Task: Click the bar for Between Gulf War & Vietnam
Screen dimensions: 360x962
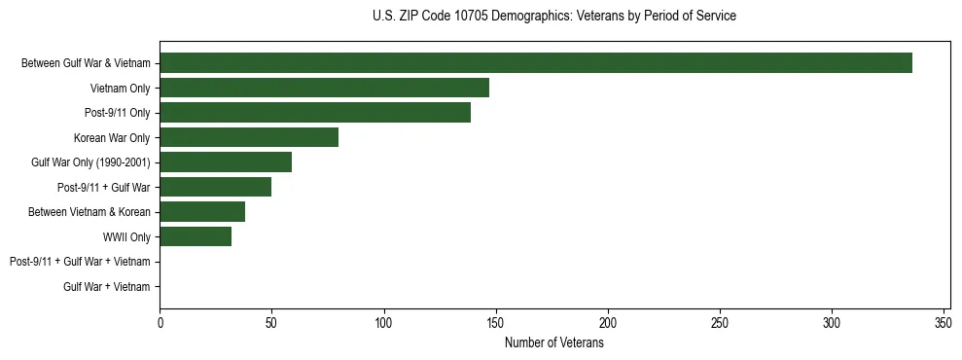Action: (535, 63)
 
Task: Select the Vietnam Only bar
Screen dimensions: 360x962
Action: (324, 88)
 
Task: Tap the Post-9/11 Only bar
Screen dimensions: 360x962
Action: (315, 113)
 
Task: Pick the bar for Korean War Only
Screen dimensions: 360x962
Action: (249, 137)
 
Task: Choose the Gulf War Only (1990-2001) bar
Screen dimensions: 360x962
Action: (226, 162)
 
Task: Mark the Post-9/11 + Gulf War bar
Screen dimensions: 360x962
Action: (215, 187)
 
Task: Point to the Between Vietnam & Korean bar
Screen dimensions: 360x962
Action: (202, 212)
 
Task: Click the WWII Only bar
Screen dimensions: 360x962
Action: (196, 236)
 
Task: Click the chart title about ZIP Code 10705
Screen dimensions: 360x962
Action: (554, 17)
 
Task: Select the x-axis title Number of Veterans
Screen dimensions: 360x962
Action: (554, 343)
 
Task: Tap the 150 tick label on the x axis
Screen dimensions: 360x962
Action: (496, 322)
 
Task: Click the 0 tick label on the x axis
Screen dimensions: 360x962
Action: (160, 322)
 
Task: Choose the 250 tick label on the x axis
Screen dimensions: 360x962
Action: (720, 322)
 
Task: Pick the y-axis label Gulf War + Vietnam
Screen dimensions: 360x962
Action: (107, 287)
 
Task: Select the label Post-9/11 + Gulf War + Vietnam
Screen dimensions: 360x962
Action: (80, 262)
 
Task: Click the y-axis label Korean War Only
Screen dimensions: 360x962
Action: (112, 137)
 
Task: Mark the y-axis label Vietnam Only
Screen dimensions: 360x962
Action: (120, 88)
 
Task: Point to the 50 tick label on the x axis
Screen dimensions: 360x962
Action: (271, 322)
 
